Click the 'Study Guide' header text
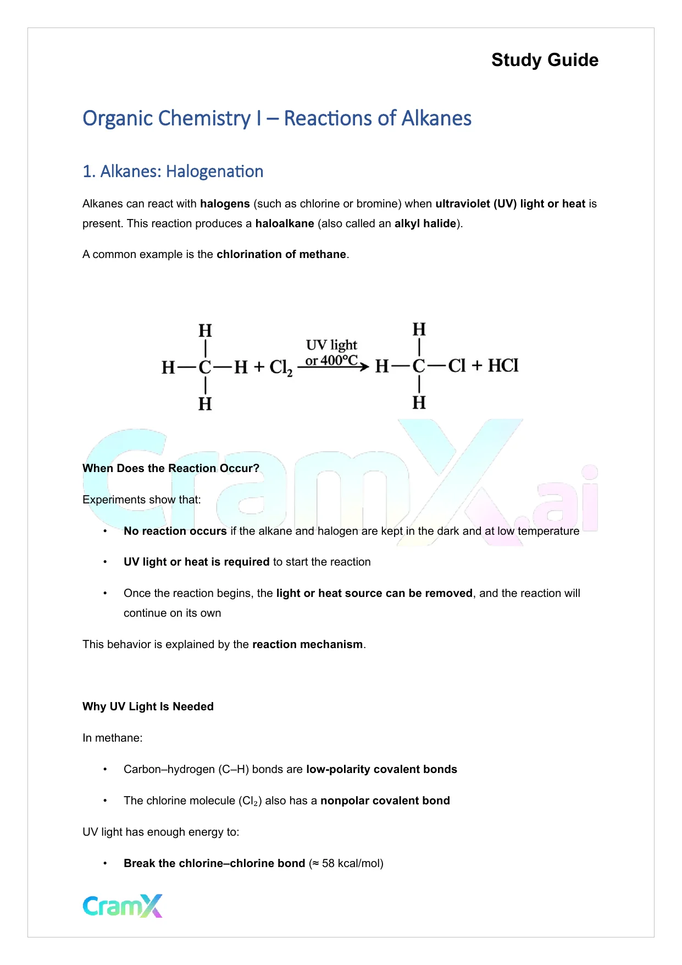coord(545,60)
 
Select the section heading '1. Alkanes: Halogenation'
coord(173,172)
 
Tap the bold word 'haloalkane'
coord(285,223)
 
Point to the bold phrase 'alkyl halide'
coord(425,223)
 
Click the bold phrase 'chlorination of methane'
coord(281,254)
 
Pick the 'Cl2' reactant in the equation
coord(280,368)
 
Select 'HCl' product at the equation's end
coord(503,366)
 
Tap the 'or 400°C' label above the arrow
coord(331,361)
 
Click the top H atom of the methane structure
coord(205,331)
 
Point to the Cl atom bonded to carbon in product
coord(457,366)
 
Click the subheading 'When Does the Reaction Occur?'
coord(171,468)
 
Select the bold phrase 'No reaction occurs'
coord(175,531)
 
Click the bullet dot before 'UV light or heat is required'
coord(105,562)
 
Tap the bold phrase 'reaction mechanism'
coord(307,644)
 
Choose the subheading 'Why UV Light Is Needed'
coord(148,706)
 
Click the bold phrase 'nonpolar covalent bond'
coord(385,800)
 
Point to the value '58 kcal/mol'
coord(352,863)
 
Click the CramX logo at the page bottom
coord(123,906)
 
